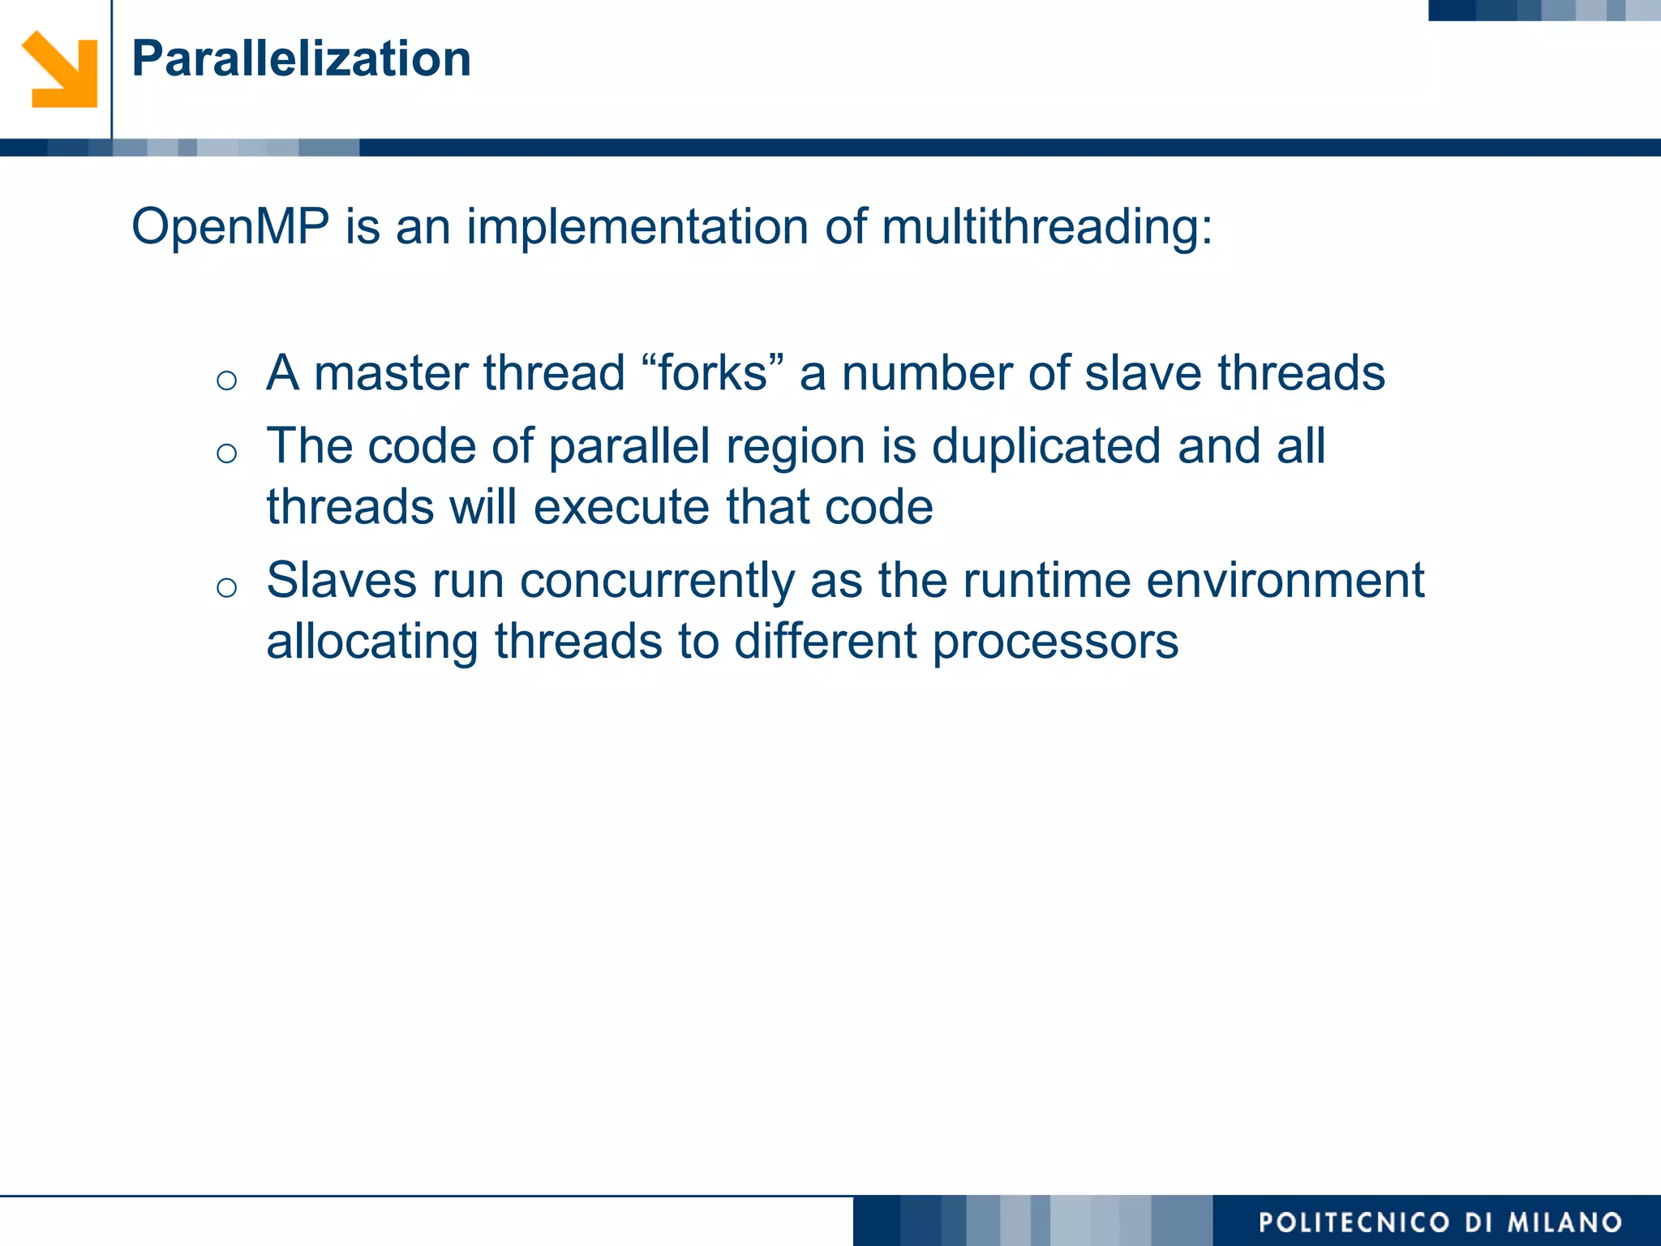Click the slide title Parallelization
301,59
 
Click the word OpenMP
230,226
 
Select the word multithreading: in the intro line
1046,226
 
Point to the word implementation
637,226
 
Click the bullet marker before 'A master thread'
227,380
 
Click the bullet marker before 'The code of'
227,453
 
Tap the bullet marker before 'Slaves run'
227,587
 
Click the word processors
1054,642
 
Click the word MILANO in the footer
1564,1222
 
